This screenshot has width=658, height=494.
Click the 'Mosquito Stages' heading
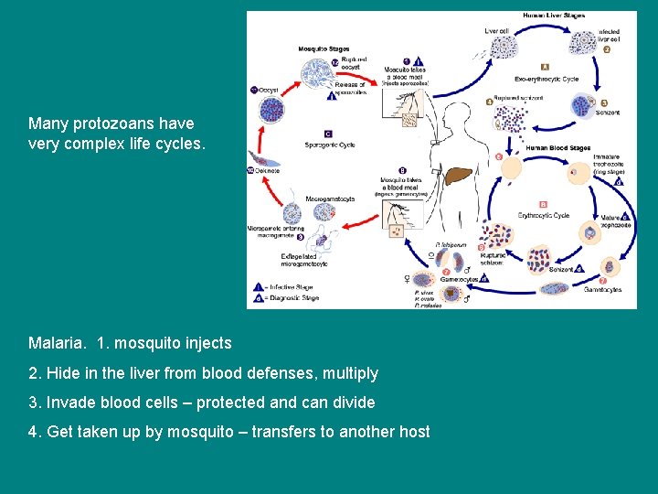[x=324, y=48]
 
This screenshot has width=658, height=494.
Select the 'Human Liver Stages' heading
[x=555, y=16]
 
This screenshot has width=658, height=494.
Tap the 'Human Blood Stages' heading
[x=558, y=147]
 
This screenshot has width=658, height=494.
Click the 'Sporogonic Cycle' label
[x=330, y=145]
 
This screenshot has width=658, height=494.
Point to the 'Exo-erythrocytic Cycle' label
[x=545, y=79]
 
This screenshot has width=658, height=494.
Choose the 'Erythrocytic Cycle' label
[x=544, y=216]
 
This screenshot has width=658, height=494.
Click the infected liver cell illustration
[x=583, y=41]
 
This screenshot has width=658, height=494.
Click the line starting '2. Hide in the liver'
[x=203, y=373]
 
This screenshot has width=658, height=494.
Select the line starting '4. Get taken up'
[x=228, y=432]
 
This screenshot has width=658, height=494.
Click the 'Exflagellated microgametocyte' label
[x=304, y=260]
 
